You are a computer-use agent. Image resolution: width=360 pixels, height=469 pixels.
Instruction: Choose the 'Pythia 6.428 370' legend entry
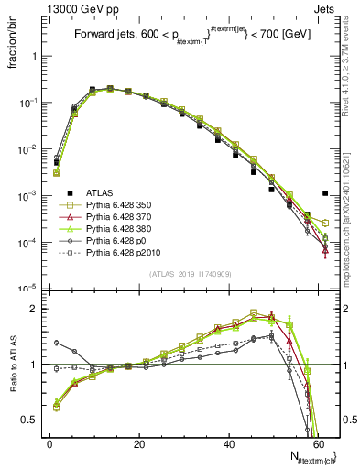[124, 219]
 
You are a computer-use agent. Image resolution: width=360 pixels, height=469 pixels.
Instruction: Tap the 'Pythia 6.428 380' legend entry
[124, 232]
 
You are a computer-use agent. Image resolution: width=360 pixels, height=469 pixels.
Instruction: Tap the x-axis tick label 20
[138, 443]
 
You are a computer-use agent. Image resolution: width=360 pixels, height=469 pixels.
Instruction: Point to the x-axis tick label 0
[49, 443]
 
